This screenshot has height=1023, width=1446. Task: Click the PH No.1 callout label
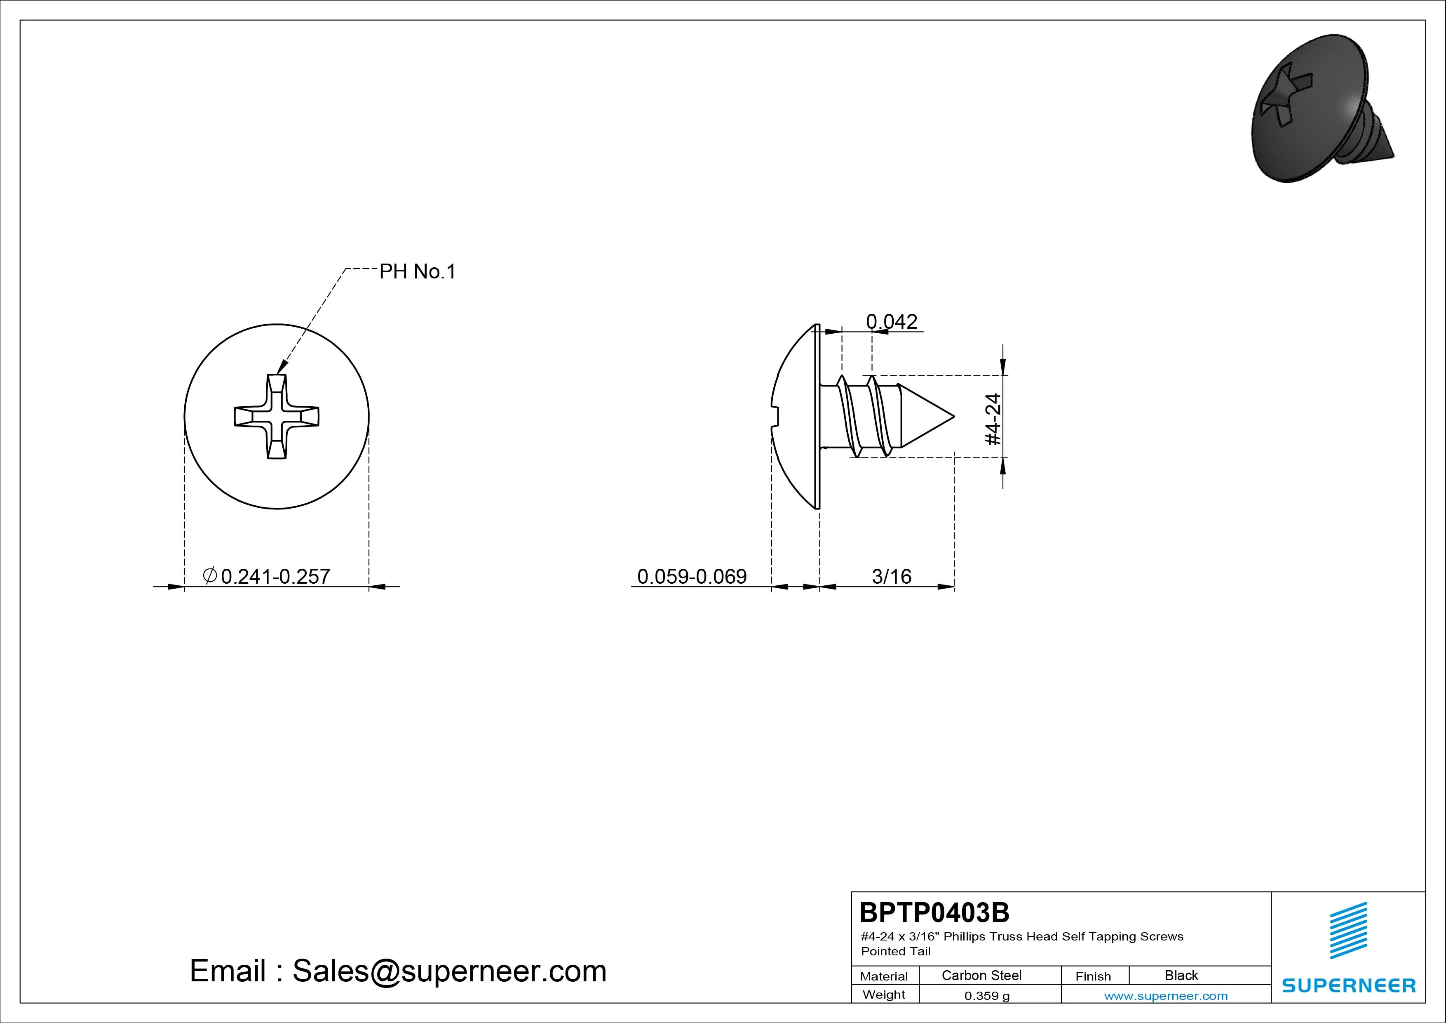coord(417,272)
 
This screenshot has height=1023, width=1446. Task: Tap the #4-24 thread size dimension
coord(993,419)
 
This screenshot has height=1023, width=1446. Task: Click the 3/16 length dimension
coord(891,576)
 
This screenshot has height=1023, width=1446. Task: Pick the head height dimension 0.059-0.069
coord(692,576)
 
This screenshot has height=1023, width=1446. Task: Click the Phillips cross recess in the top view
coord(277,417)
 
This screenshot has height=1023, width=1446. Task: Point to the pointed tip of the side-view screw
coord(954,416)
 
